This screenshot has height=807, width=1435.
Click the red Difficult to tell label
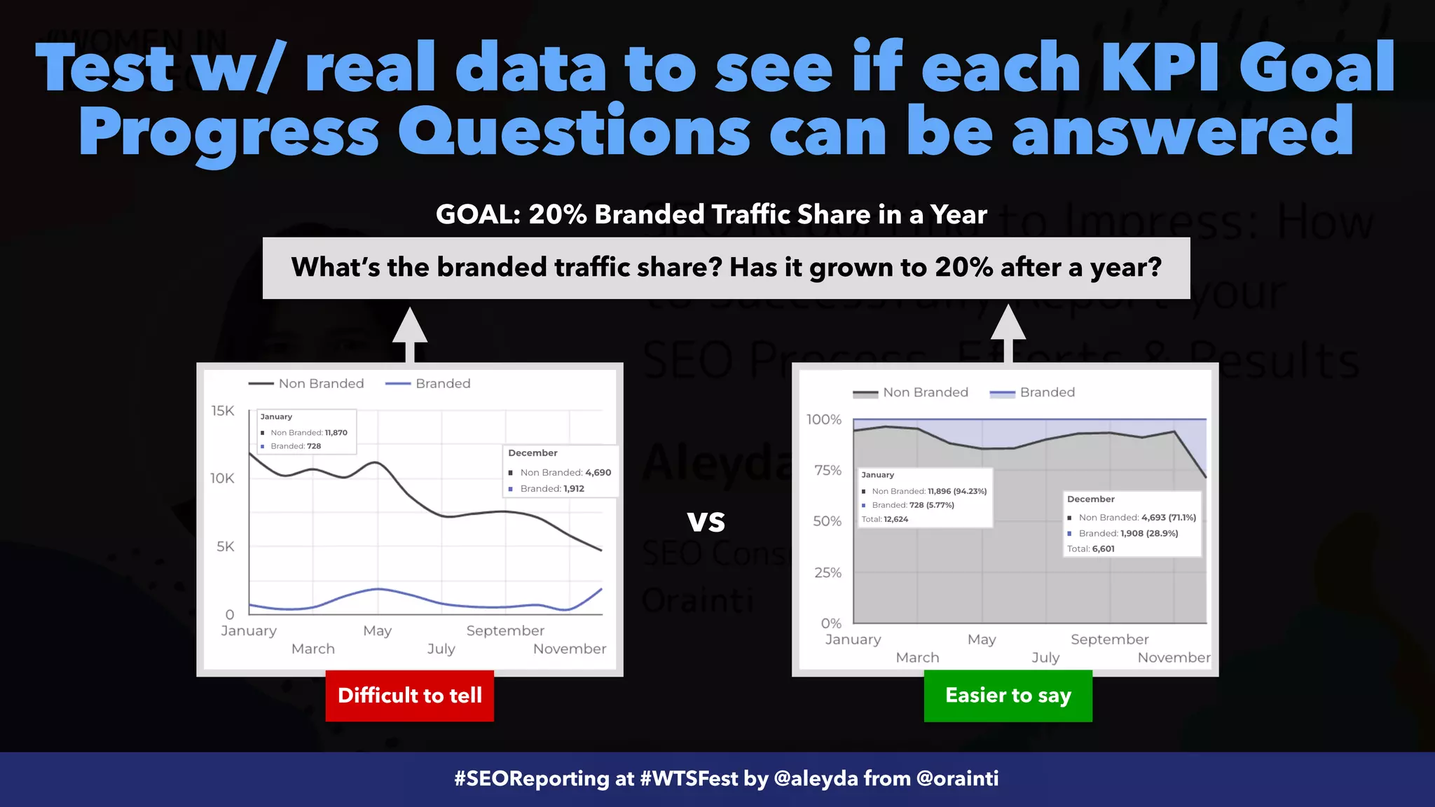click(409, 696)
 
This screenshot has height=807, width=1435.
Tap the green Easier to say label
click(1008, 696)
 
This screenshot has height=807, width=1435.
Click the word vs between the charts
click(706, 521)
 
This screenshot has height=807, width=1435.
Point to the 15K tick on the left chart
click(223, 411)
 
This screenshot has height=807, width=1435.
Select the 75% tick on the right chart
click(828, 470)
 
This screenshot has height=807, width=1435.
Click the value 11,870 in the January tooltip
click(336, 433)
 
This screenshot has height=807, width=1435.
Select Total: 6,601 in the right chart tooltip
click(1090, 549)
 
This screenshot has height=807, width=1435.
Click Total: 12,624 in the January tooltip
click(884, 519)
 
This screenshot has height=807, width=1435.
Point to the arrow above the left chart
click(410, 333)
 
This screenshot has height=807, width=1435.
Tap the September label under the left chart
click(504, 630)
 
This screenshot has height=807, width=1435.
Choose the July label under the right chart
click(1045, 658)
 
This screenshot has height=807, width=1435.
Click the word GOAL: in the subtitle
click(478, 214)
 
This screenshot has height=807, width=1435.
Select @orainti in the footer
click(957, 778)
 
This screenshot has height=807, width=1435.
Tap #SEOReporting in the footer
click(532, 778)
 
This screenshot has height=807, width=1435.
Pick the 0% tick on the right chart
click(831, 623)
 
